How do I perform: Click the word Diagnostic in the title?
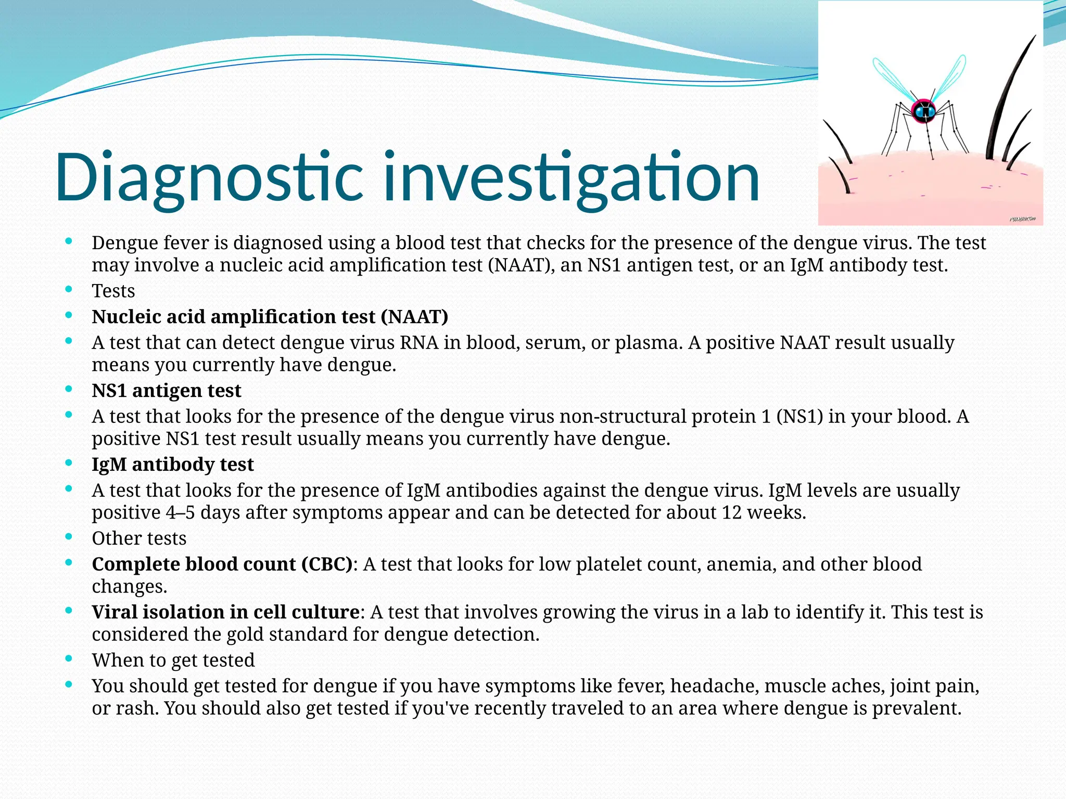pos(208,177)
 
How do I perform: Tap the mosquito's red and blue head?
pos(924,111)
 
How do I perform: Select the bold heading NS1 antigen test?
pos(166,391)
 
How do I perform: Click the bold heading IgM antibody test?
pos(172,465)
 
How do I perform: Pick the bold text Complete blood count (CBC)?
pos(222,564)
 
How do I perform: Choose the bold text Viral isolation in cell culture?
pos(225,612)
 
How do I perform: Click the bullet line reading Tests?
pos(113,291)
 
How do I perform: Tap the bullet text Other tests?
pos(139,538)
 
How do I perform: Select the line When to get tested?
pos(173,660)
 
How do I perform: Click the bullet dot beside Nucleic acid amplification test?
pos(69,316)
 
